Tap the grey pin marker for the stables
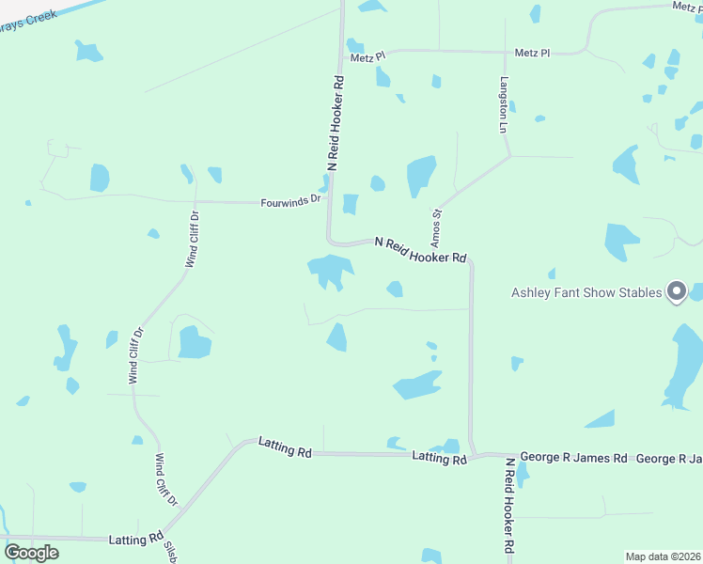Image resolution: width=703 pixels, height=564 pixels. pos(677,292)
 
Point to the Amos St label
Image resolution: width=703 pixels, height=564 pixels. pos(437,223)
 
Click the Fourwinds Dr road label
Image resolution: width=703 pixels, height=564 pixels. pos(291,200)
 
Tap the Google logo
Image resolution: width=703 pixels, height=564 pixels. pos(32,553)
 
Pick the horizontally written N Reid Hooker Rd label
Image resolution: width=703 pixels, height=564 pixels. pos(420,250)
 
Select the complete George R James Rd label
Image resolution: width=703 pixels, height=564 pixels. pos(573,459)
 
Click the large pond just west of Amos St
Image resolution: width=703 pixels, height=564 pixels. pos(420,176)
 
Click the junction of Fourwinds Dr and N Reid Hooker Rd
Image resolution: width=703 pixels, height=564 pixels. pos(328,200)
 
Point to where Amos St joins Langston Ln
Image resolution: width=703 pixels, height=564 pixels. pos(508,158)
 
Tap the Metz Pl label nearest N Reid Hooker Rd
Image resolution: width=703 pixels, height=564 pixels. pos(368,57)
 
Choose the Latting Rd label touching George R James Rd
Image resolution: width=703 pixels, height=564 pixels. pos(439,458)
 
